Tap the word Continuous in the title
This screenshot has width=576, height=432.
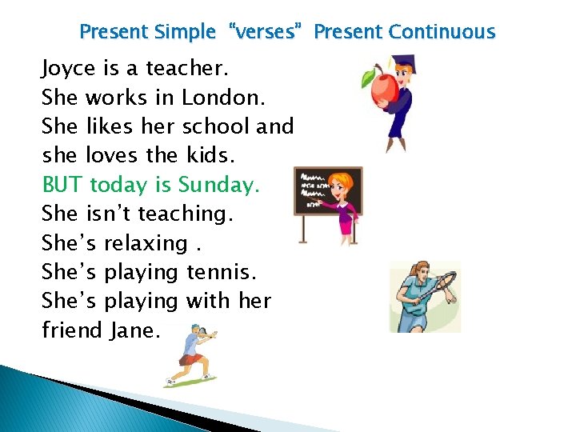(x=442, y=32)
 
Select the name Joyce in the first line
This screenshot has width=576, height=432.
(x=68, y=70)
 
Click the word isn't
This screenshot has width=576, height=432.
(x=108, y=214)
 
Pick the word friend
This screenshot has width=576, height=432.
(x=71, y=330)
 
